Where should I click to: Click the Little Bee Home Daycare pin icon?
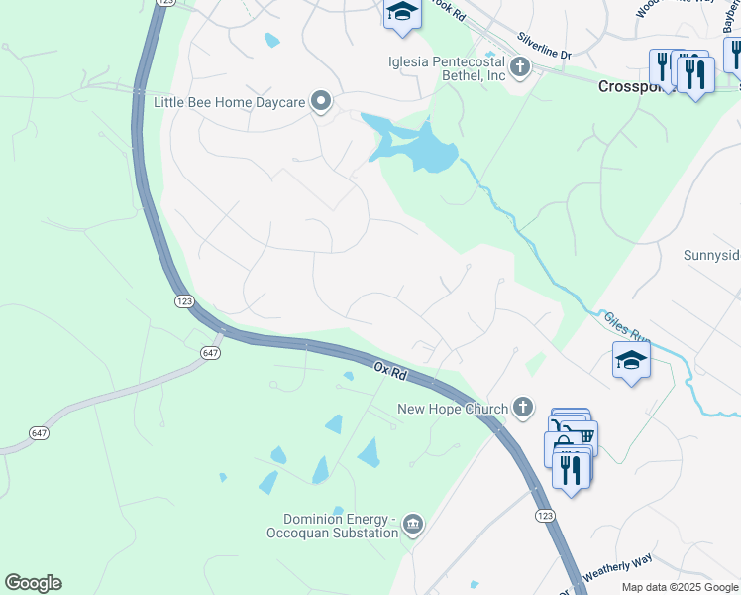coord(321,101)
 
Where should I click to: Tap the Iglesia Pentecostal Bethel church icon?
coord(520,68)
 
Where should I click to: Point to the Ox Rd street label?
coord(391,371)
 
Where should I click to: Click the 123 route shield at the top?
coord(166,3)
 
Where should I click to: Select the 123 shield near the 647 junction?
coord(183,300)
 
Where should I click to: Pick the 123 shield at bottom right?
coord(544,516)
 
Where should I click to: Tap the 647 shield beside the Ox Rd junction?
coord(209,352)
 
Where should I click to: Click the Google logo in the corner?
coord(33,583)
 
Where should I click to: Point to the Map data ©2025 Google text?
coord(679,587)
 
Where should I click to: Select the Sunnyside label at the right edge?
coord(711,255)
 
